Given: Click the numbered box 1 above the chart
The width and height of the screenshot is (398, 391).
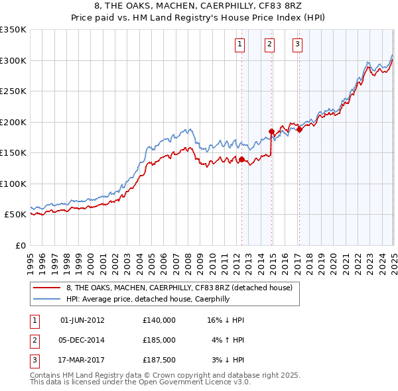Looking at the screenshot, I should point(239,45).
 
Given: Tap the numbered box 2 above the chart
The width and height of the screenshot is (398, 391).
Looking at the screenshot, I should point(270,45).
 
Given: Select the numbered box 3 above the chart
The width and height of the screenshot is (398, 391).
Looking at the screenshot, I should point(297,45).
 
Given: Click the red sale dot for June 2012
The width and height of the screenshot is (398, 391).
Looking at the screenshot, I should point(241,159).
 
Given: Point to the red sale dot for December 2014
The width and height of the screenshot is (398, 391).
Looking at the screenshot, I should point(271,131).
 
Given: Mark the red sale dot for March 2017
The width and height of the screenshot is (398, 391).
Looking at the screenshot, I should point(299,130).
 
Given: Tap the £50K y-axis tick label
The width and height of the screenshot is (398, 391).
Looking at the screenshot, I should point(15,215).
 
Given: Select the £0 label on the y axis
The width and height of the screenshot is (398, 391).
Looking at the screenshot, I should point(20,245).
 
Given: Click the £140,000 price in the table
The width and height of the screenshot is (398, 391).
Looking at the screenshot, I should point(159,320).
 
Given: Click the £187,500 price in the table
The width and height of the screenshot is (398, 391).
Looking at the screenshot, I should point(159,360).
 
